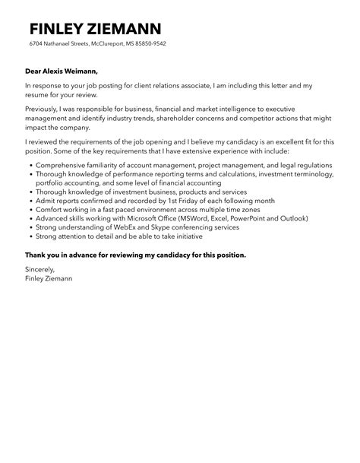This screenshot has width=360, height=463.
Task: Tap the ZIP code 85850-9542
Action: click(150, 44)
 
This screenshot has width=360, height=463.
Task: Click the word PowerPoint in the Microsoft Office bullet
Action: click(251, 218)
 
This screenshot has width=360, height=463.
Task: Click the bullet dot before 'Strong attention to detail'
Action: click(28, 236)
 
